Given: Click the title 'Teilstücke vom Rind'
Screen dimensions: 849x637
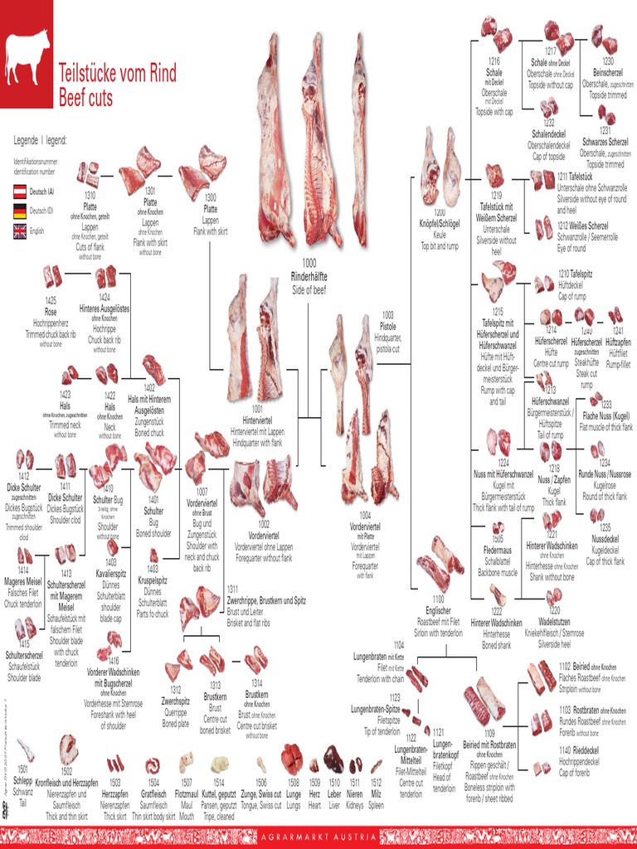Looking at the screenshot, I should (x=116, y=74).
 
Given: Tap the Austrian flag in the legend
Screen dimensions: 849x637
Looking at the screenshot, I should (x=19, y=192).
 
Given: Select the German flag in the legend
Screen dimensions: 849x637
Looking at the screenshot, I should (x=19, y=211).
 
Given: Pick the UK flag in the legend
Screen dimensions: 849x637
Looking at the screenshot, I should (x=19, y=231).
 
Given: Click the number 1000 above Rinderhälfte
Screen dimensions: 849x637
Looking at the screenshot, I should (x=309, y=264).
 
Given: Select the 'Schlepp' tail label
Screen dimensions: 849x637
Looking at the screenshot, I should (x=23, y=780).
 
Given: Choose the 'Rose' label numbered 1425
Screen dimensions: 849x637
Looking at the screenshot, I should (x=51, y=312).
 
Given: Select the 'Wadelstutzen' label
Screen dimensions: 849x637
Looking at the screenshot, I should (x=554, y=621).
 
